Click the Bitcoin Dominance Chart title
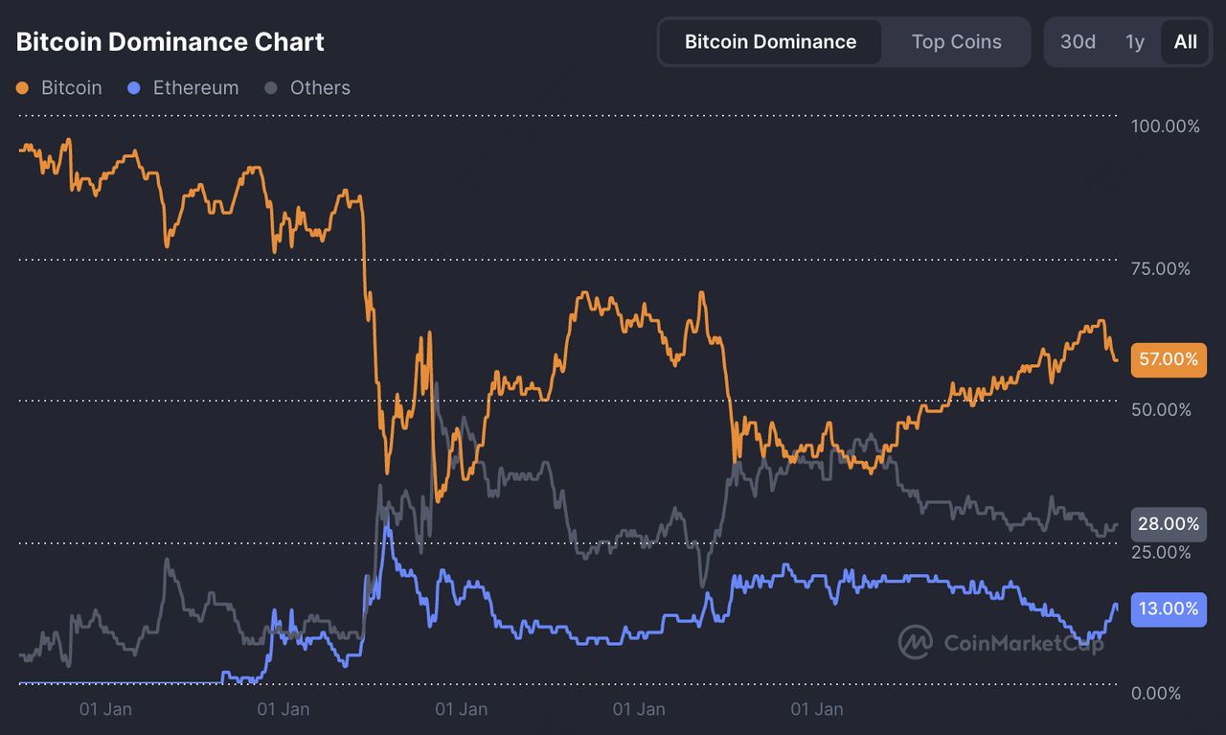[170, 42]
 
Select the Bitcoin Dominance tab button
[770, 42]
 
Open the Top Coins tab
[956, 42]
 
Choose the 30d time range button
[1078, 42]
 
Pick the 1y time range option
[1135, 42]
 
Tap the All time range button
[1185, 42]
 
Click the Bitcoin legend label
[71, 88]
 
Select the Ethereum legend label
[195, 88]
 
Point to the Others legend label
[320, 88]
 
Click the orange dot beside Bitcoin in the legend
[23, 88]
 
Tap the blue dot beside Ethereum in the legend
[134, 88]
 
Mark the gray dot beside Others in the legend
[271, 88]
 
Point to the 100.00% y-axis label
[1165, 126]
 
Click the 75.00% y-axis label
[1161, 268]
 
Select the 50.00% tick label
[1161, 410]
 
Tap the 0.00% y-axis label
[1156, 693]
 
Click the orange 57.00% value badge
[1169, 359]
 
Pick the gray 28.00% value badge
[1169, 524]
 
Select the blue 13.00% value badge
[1169, 609]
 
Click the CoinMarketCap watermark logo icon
[916, 642]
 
